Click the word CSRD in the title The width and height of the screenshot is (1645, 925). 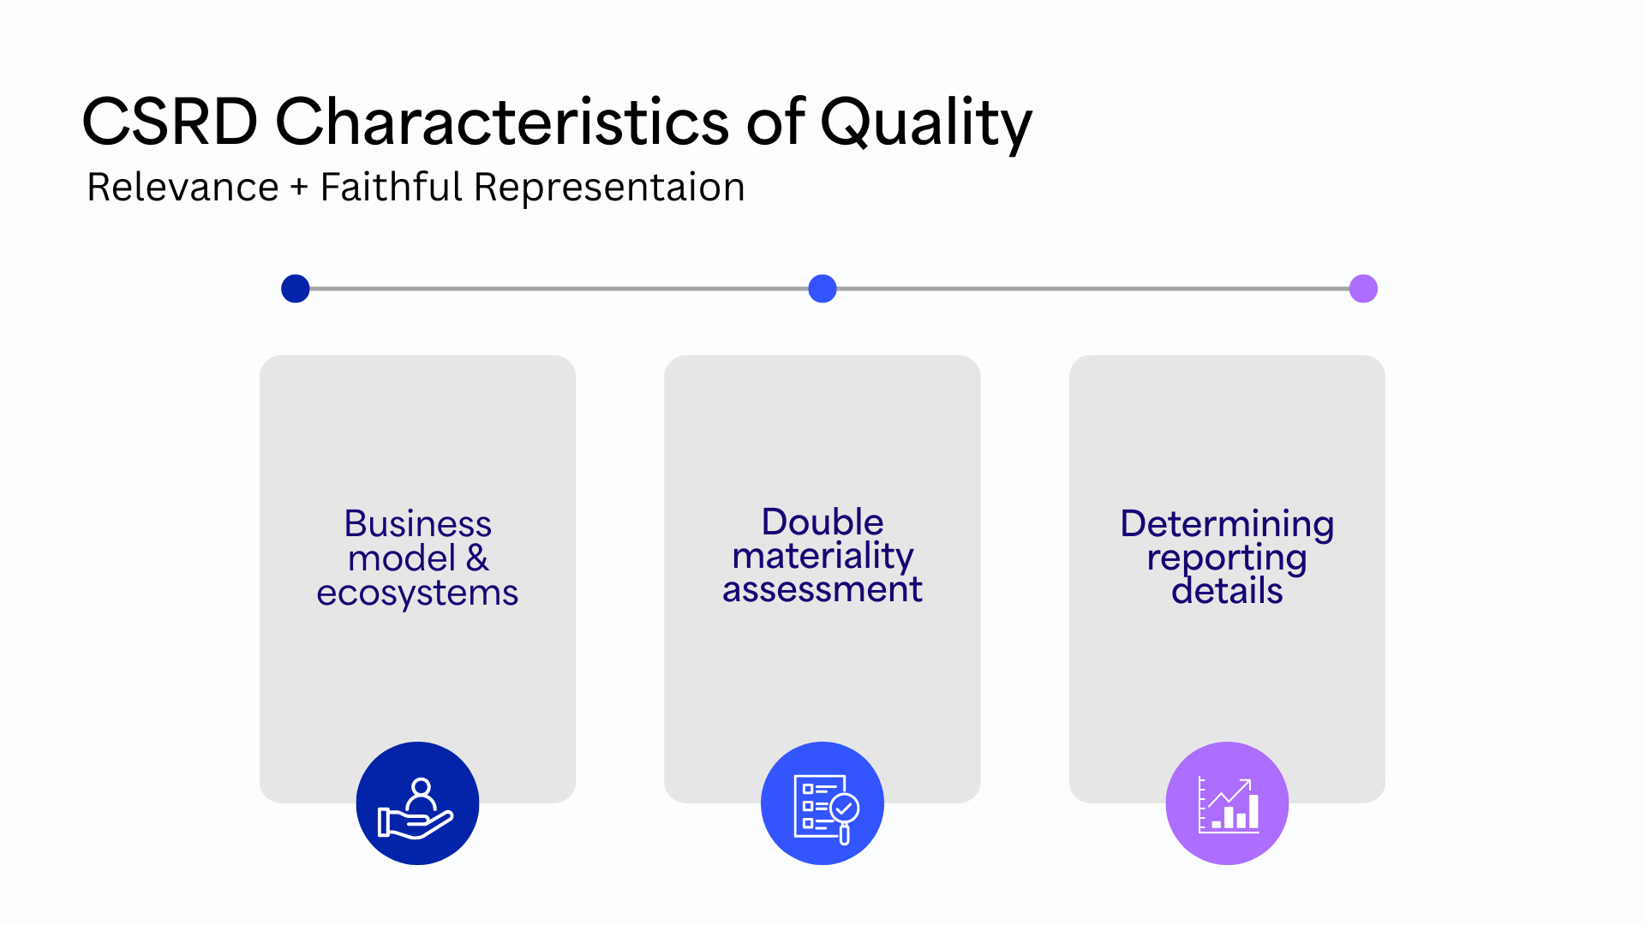click(x=170, y=122)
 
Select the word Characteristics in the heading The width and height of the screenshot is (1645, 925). click(x=501, y=122)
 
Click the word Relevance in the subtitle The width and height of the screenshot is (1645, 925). click(x=182, y=187)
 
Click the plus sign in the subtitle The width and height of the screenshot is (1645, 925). click(x=299, y=188)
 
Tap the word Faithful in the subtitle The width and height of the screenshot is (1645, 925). click(x=391, y=187)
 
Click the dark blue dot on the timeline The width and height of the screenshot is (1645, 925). click(x=296, y=289)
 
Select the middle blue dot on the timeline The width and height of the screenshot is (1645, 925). click(x=822, y=289)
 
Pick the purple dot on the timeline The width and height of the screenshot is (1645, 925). click(x=1363, y=289)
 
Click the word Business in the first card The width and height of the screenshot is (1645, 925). click(x=417, y=523)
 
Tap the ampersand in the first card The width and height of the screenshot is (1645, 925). click(x=477, y=558)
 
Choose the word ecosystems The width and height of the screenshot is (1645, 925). click(x=417, y=594)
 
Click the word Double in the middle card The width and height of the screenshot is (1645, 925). click(x=822, y=522)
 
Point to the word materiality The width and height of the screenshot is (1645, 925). click(x=822, y=557)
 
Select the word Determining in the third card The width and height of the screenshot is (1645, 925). click(x=1227, y=523)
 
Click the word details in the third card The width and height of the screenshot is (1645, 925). click(x=1227, y=591)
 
